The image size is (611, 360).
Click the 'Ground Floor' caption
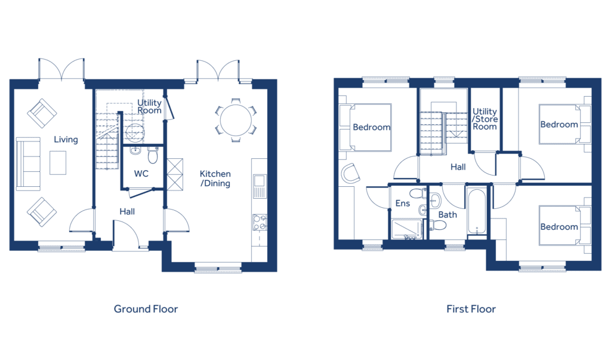pos(146,309)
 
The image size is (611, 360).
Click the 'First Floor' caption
pos(471,309)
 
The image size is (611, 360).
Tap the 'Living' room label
pos(66,140)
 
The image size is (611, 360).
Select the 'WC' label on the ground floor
pos(141,174)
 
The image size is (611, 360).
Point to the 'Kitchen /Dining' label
pos(215,179)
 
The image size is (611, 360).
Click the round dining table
pos(236,120)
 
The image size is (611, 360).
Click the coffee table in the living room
pos(58,162)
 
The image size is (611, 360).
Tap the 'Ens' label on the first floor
pos(402,204)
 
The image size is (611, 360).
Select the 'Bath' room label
pos(447,214)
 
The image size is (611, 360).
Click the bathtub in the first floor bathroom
pos(476,212)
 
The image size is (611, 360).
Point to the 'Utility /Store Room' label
pos(485,119)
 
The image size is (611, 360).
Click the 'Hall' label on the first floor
pos(458,168)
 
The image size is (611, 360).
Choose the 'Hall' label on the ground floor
pos(126,211)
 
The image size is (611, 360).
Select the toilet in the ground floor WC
pos(152,156)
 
